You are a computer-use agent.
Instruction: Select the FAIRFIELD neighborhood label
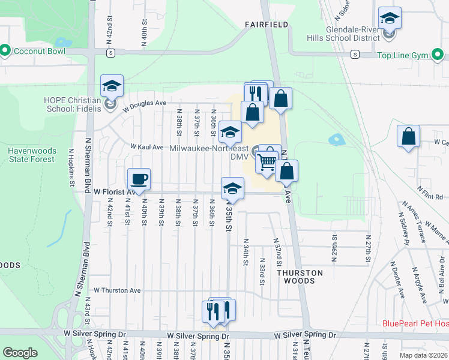(267, 25)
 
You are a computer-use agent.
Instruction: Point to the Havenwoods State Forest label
(32, 155)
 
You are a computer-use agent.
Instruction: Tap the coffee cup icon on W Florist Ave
(139, 179)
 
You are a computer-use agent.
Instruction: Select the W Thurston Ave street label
(117, 290)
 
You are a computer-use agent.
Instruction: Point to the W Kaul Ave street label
(147, 147)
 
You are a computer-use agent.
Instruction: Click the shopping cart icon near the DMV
(267, 162)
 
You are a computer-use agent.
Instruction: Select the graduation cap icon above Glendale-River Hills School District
(390, 18)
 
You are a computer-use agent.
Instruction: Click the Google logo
(20, 353)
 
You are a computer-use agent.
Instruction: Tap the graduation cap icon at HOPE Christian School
(112, 86)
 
